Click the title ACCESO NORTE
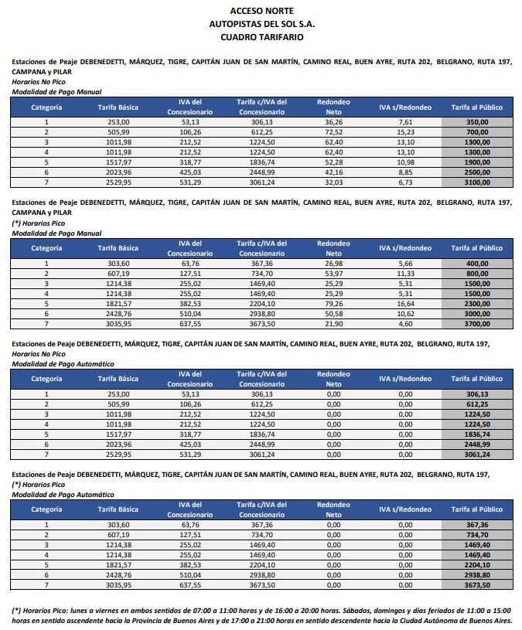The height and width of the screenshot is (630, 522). click(x=261, y=11)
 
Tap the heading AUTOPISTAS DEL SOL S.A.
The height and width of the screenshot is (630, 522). click(x=261, y=24)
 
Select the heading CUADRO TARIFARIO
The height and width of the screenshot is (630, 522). click(x=261, y=36)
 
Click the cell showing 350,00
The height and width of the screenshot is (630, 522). click(x=476, y=122)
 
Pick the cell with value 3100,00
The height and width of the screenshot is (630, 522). click(x=476, y=182)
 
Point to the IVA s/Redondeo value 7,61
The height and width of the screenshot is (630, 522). click(x=405, y=122)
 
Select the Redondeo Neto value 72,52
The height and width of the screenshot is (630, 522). click(x=333, y=132)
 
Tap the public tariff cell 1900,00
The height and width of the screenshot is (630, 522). click(x=476, y=162)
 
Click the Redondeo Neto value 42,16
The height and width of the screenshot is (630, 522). click(x=333, y=172)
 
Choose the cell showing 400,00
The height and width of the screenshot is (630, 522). click(x=476, y=264)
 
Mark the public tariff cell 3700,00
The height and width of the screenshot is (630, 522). click(x=476, y=324)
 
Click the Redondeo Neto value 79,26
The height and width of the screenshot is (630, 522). click(x=333, y=304)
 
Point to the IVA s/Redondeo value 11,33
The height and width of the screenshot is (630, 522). click(x=405, y=274)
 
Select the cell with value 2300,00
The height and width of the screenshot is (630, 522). click(x=476, y=304)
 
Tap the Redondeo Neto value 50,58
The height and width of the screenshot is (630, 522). click(x=333, y=314)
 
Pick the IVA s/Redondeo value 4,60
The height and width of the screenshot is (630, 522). click(x=405, y=324)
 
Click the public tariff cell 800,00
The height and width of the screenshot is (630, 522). click(x=476, y=274)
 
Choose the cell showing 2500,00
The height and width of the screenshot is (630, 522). click(x=476, y=172)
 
